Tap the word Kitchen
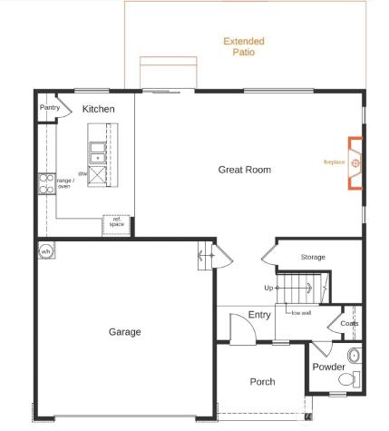coord(99,109)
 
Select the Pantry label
coord(50,108)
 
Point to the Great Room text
coord(244,170)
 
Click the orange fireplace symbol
coord(355,164)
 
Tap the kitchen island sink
coord(97,152)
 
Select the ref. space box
coord(117,222)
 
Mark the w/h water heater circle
coord(45,251)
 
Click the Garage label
coord(124,332)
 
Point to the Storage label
coord(313,257)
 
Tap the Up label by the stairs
coord(268,288)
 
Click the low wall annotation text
coord(300,312)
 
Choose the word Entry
coord(259,315)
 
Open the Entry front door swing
coord(238,328)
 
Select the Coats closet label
coord(349,323)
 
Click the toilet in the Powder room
coord(356,378)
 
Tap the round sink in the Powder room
coord(354,354)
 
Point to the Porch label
coord(262,382)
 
